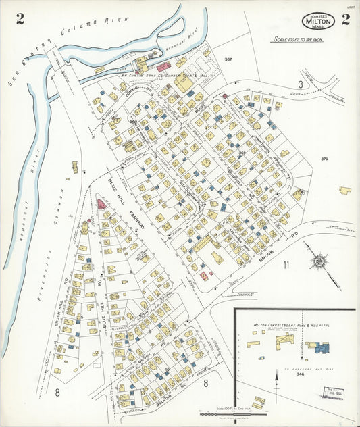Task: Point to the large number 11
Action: tap(286, 264)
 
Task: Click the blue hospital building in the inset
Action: tap(319, 347)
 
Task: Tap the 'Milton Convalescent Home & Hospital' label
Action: tap(290, 325)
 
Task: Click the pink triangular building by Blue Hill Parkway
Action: tap(101, 203)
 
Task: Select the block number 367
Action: tap(228, 60)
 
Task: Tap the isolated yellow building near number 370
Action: tap(345, 191)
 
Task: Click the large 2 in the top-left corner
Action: tap(20, 19)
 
